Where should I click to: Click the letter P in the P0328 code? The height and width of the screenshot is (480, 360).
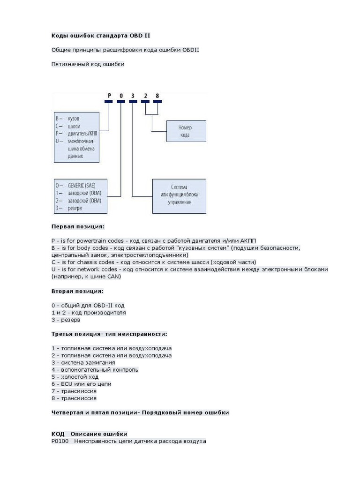point(109,96)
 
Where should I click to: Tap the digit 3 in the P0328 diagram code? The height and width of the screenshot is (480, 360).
point(133,96)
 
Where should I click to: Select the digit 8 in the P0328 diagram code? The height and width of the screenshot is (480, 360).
point(157,96)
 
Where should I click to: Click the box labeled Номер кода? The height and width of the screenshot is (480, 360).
point(185,131)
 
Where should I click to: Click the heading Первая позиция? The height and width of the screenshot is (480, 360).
point(78,226)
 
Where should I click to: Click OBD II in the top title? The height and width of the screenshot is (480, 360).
point(140,36)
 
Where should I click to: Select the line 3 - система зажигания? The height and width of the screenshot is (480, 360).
point(83,362)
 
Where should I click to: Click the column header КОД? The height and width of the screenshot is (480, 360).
point(58,434)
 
